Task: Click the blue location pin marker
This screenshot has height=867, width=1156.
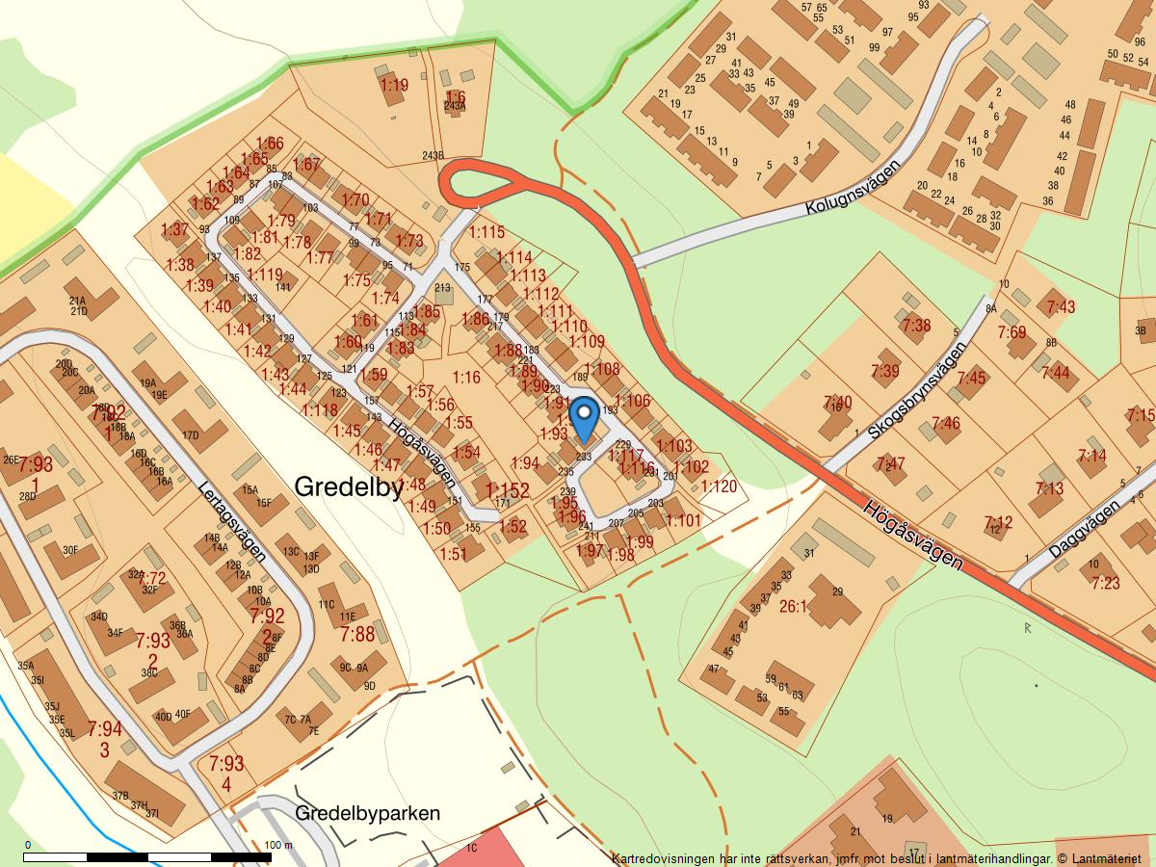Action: tap(584, 419)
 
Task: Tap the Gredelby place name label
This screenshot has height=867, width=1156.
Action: tap(348, 487)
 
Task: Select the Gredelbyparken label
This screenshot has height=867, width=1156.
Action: tap(368, 813)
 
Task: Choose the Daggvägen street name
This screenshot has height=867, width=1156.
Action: tap(1084, 527)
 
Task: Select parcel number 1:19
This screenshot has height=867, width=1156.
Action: tap(394, 85)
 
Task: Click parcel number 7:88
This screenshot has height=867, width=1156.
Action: tap(357, 634)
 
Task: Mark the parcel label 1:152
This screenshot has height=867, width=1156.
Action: tap(508, 491)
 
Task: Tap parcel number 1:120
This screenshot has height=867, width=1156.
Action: tap(719, 486)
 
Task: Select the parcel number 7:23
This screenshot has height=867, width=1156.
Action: tap(1106, 583)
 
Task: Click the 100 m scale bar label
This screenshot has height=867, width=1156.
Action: tap(277, 845)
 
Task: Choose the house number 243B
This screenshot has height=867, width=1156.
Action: tap(433, 156)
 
